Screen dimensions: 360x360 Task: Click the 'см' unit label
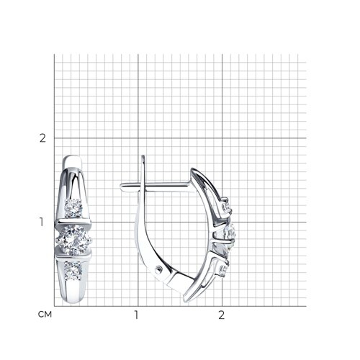pos(45,315)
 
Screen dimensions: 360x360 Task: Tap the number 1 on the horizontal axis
pos(136,315)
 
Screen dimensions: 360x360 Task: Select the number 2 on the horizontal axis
pos(222,315)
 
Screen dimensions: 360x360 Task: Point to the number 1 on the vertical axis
pos(42,222)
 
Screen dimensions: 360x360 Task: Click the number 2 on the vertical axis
pos(42,138)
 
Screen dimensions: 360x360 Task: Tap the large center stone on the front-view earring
pos(73,240)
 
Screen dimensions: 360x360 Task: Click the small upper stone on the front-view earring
pos(73,208)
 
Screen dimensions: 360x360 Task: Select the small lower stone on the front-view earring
pos(73,271)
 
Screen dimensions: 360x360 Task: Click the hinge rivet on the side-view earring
pos(158,270)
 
